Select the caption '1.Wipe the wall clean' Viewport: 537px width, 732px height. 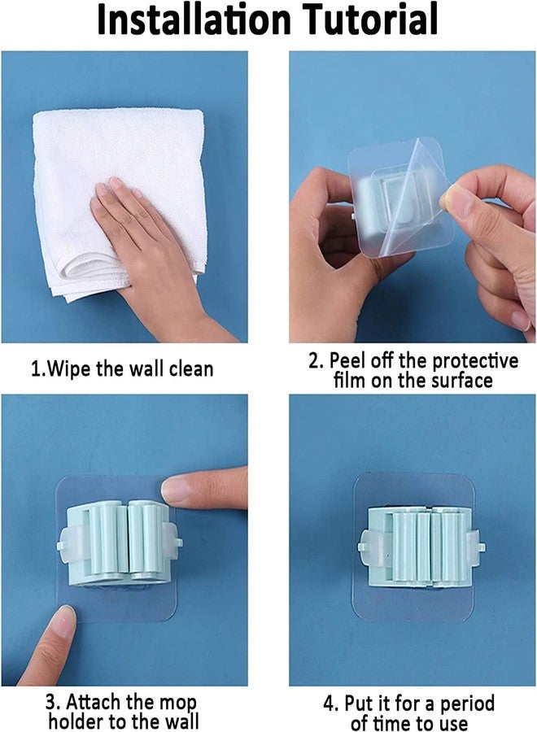[x=122, y=368]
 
